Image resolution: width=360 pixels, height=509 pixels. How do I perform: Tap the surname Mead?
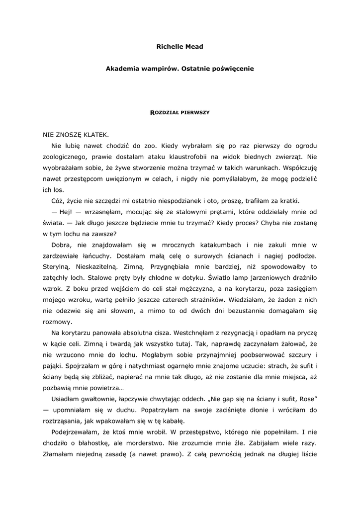tap(194, 47)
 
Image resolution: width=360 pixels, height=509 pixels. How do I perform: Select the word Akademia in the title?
tap(122, 69)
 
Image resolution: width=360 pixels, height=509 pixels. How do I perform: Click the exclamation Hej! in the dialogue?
tap(67, 212)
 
